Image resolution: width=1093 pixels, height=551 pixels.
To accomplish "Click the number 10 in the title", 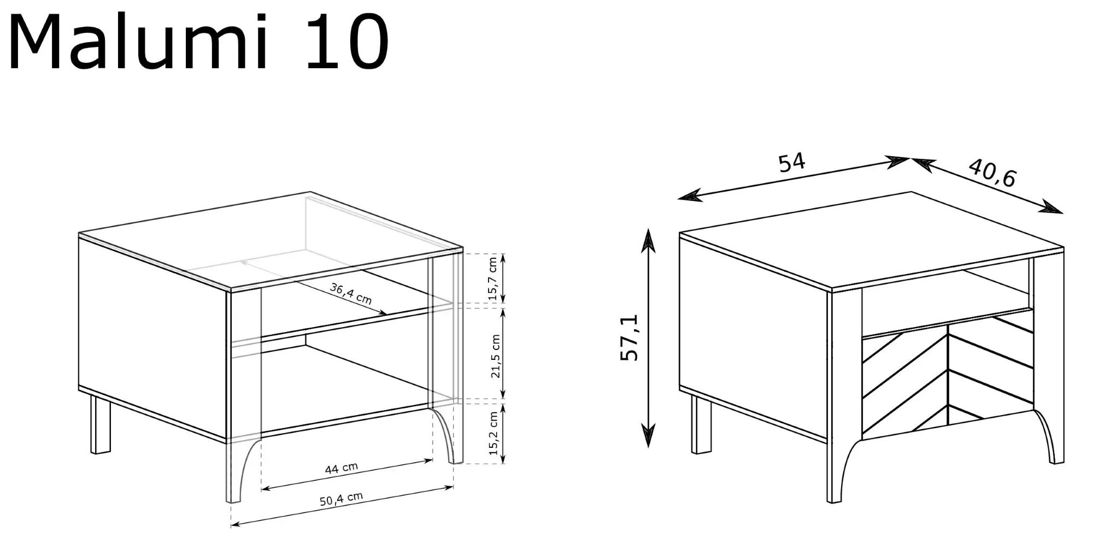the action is (347, 43).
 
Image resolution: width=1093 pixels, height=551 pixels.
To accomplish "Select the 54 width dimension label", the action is (792, 163).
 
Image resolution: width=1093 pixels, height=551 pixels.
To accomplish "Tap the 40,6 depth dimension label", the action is (992, 173).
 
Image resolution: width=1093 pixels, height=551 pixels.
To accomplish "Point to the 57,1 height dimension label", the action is (630, 337).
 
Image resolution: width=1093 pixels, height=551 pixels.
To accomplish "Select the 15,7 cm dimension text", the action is (493, 279).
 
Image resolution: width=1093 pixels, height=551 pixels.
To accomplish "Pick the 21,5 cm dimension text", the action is (495, 357).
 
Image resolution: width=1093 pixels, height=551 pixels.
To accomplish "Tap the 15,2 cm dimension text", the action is (493, 434).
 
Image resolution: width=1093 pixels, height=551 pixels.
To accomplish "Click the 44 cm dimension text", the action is (341, 469).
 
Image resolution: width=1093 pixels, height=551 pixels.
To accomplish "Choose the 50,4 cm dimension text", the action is (341, 499).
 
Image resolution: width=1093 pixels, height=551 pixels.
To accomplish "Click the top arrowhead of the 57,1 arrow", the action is (648, 240).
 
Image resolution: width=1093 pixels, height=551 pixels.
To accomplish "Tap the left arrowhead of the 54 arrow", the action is (690, 195).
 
